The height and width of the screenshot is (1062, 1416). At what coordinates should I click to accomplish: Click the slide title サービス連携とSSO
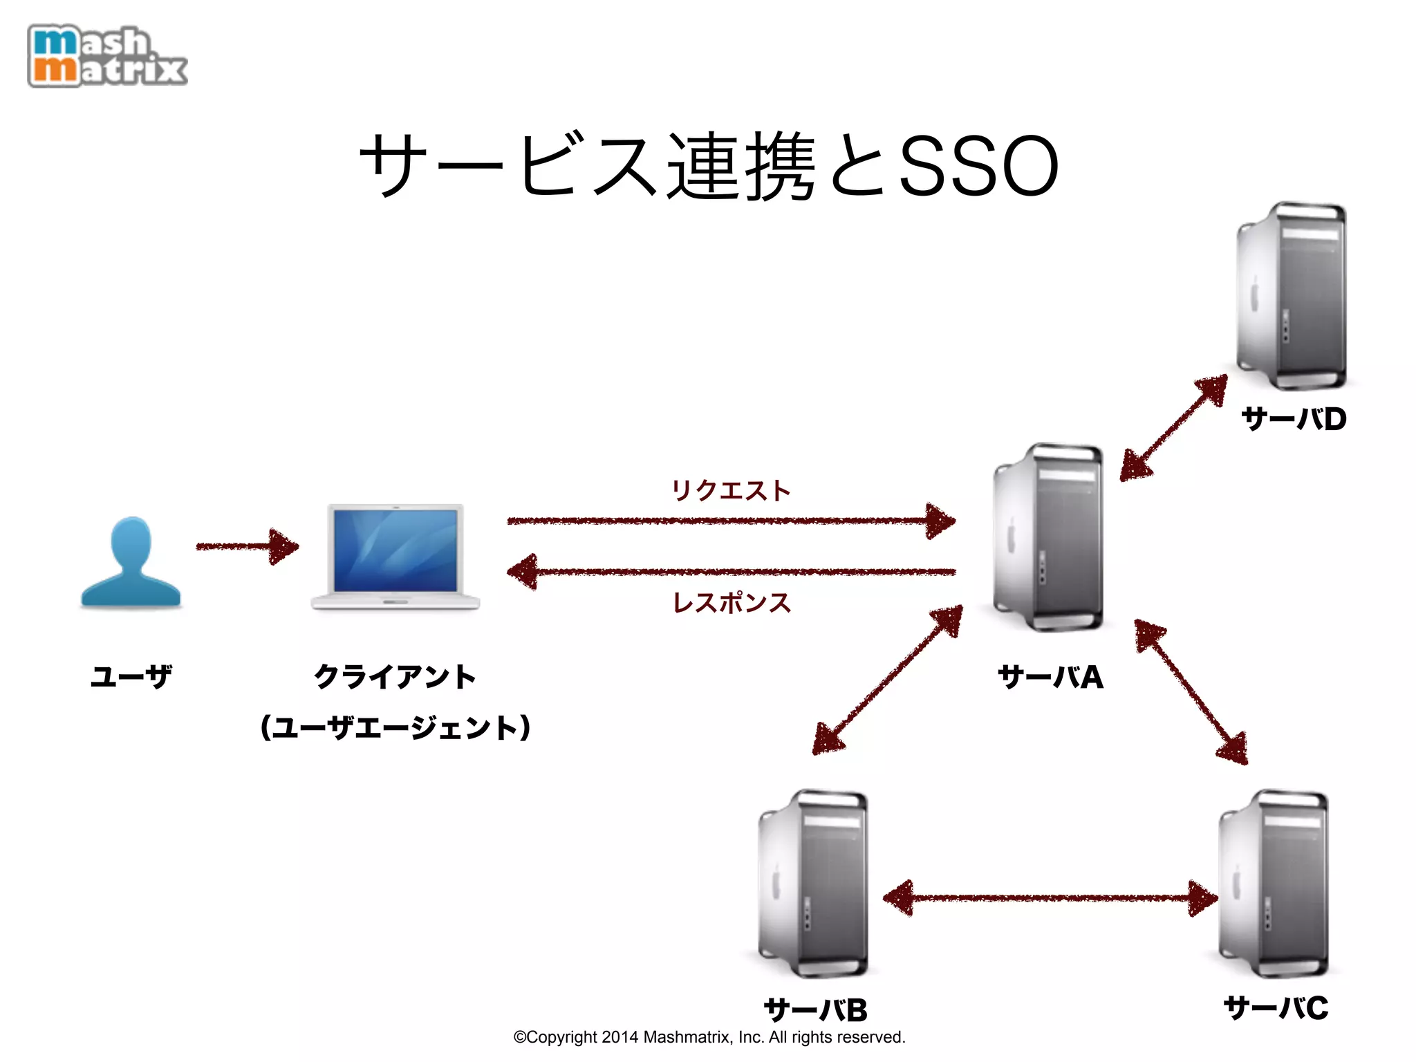click(x=708, y=166)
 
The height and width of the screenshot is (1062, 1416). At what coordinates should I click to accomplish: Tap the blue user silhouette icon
click(x=131, y=563)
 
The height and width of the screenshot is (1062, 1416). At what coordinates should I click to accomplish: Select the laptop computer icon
click(x=395, y=557)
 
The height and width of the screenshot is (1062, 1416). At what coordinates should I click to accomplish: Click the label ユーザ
click(x=131, y=676)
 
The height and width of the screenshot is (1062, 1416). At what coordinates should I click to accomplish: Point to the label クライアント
click(x=395, y=676)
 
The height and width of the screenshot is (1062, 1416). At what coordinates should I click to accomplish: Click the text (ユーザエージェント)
click(x=395, y=728)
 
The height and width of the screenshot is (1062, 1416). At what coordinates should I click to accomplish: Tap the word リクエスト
click(x=731, y=491)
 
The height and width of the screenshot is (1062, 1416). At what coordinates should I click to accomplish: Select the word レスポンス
click(x=732, y=603)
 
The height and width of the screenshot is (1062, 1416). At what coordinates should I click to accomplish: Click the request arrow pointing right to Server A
click(x=731, y=521)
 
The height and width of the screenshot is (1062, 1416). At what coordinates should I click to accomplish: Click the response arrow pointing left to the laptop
click(x=731, y=572)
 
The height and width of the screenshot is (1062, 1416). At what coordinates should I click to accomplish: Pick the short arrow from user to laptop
click(x=247, y=547)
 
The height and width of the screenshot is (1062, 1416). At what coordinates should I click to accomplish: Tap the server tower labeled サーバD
click(x=1292, y=296)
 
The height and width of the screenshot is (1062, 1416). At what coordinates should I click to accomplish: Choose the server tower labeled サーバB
click(x=814, y=884)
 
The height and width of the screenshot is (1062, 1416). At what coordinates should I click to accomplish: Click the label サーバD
click(x=1294, y=419)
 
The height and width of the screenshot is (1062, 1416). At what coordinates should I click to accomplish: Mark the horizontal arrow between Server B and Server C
click(x=1050, y=898)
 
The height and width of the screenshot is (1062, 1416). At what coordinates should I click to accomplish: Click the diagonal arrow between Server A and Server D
click(x=1173, y=428)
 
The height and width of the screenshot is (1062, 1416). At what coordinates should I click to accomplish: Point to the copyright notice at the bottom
click(x=709, y=1037)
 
